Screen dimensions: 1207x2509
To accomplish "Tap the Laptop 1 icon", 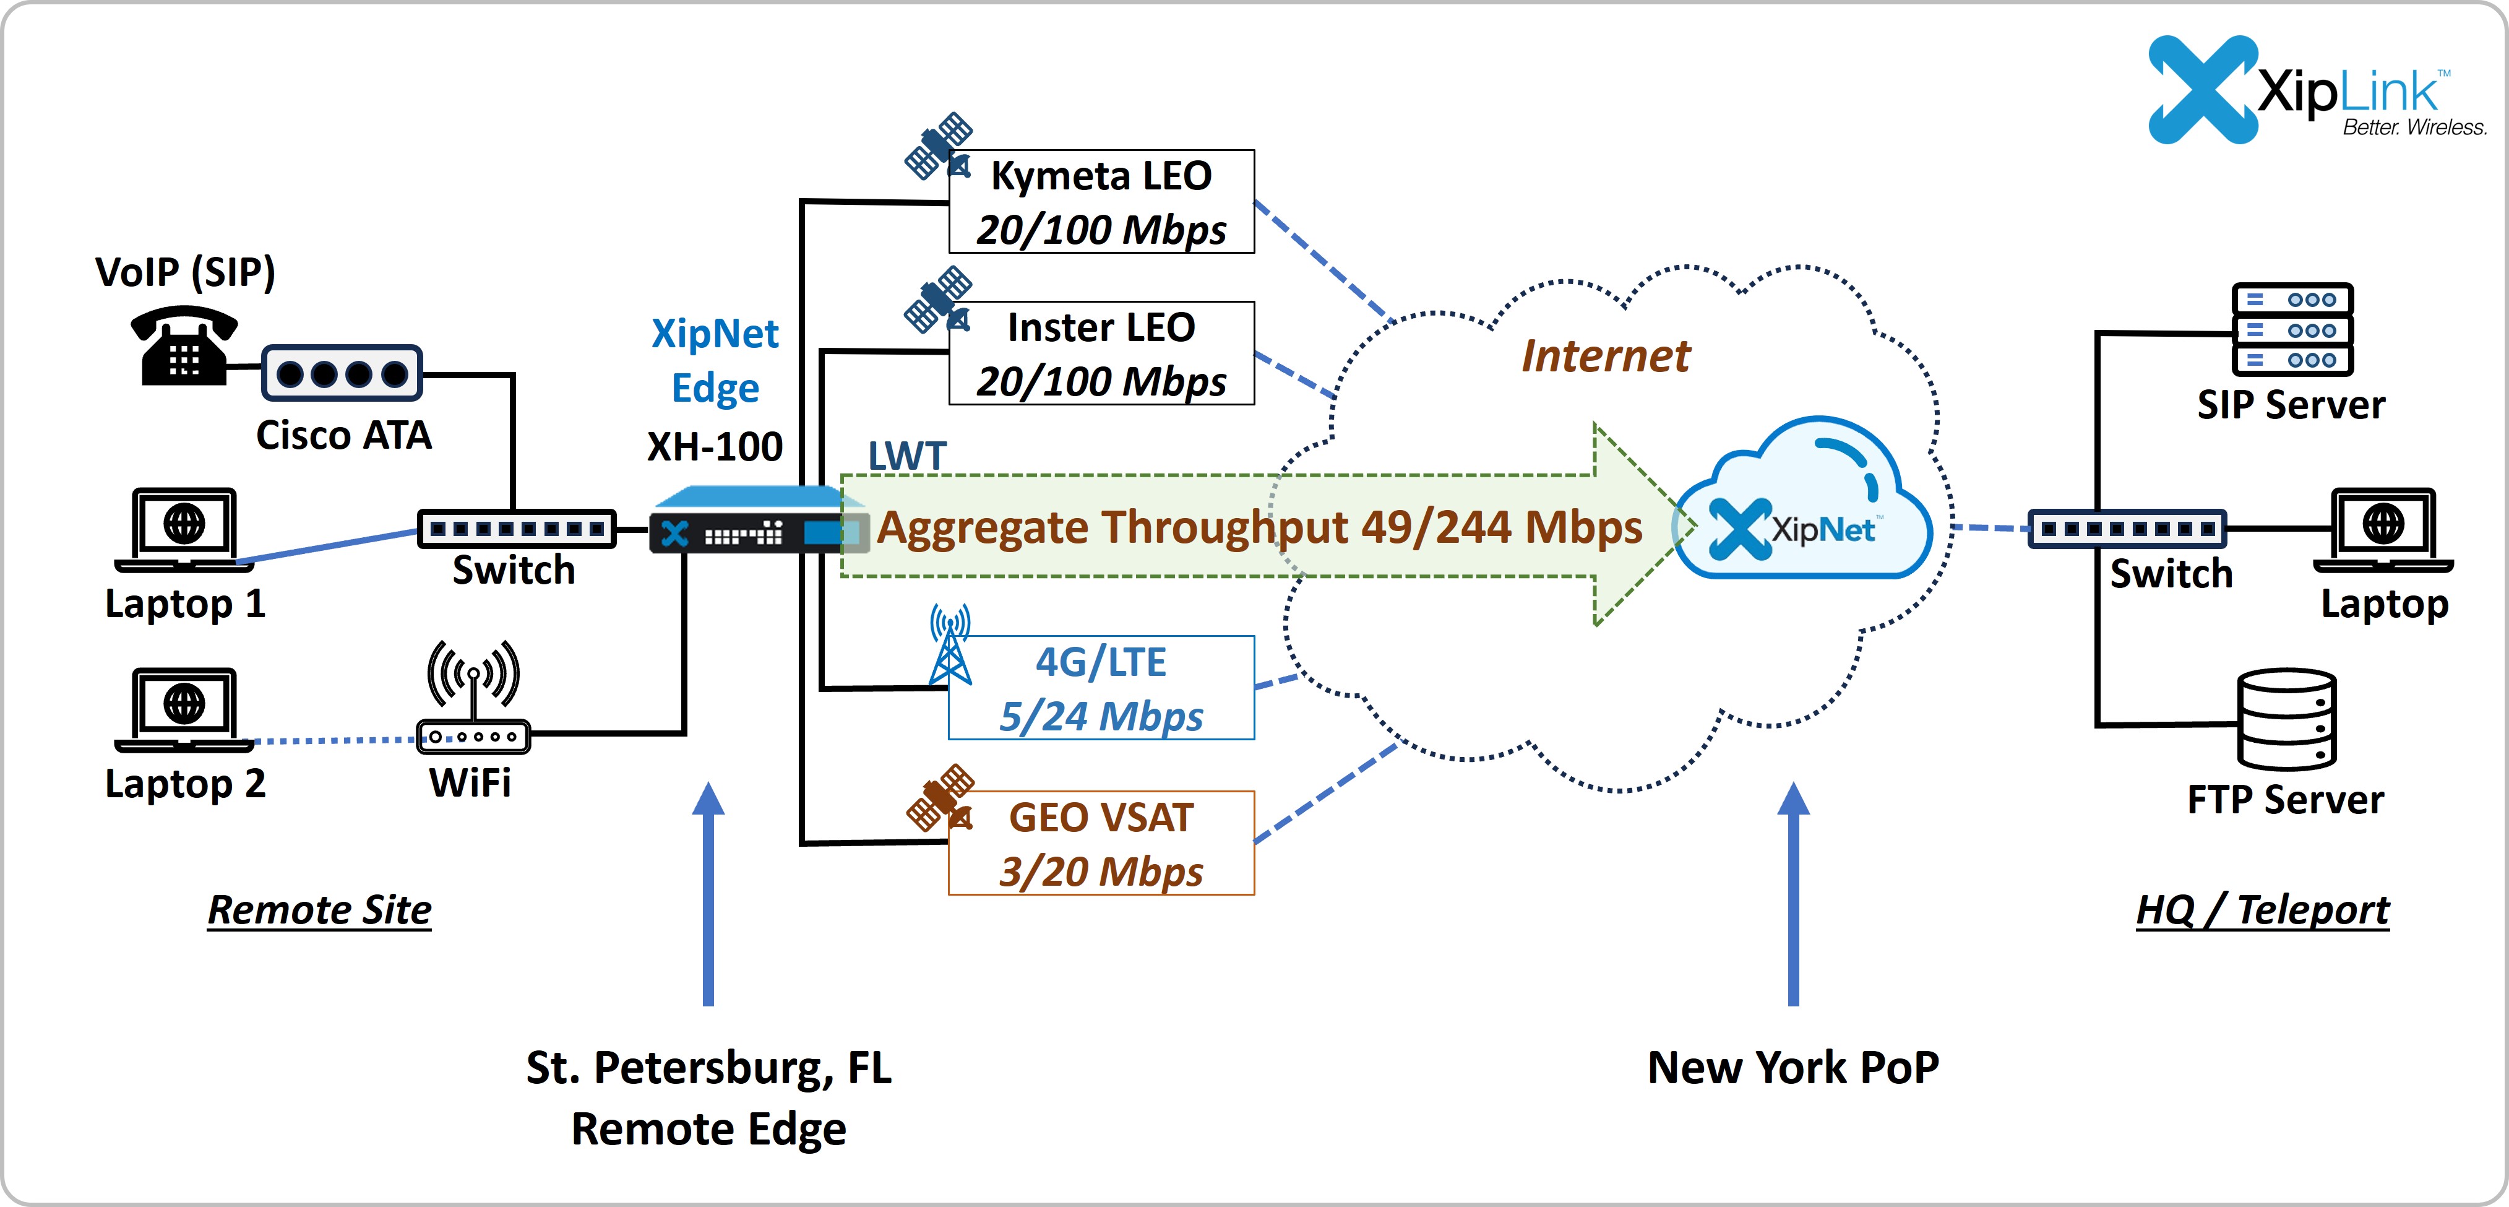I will point(184,529).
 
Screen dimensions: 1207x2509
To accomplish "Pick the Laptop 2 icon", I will point(184,709).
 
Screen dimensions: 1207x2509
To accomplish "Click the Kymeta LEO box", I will point(1101,202).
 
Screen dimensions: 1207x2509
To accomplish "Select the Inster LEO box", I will point(1101,353).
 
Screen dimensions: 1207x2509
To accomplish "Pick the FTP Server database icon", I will point(2286,720).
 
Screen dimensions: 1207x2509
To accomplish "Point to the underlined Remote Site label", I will point(319,910).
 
